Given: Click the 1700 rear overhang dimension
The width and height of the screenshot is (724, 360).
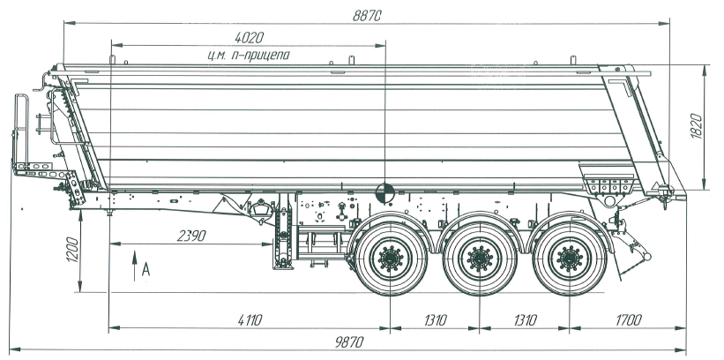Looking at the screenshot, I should [624, 319].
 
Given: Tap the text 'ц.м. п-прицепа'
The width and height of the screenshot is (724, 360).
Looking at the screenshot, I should [248, 55].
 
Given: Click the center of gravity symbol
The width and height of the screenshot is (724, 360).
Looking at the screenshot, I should [385, 191].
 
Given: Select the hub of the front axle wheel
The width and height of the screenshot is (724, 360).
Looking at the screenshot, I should [389, 259].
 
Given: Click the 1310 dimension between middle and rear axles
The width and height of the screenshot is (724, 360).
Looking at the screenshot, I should [522, 319].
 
